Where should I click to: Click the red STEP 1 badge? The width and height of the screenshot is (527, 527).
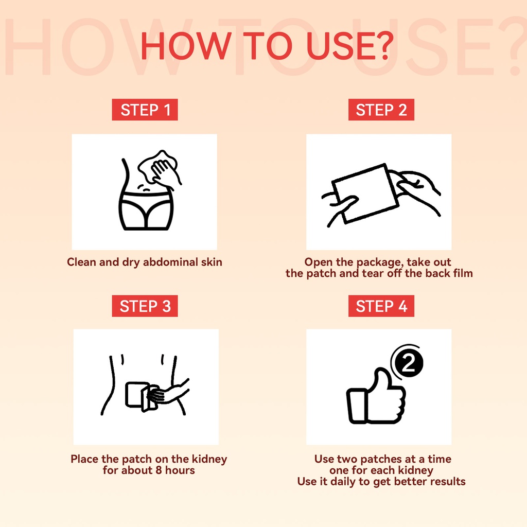[x=145, y=110]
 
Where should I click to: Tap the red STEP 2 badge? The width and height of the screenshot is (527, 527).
[x=381, y=110]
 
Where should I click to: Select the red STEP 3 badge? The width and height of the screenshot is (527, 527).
[x=145, y=306]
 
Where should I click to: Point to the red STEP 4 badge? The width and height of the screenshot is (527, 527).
[x=381, y=306]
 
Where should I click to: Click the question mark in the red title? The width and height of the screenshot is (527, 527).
[x=383, y=46]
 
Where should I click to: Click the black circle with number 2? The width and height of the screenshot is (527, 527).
[x=409, y=363]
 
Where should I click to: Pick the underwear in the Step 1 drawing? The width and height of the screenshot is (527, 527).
[x=146, y=210]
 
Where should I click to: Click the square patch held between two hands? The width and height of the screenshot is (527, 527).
[x=365, y=194]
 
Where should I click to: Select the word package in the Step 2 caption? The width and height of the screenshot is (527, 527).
[x=379, y=262]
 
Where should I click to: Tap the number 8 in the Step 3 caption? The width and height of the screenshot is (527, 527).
[x=159, y=470]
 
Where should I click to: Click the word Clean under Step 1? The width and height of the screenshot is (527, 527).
[x=81, y=262]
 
